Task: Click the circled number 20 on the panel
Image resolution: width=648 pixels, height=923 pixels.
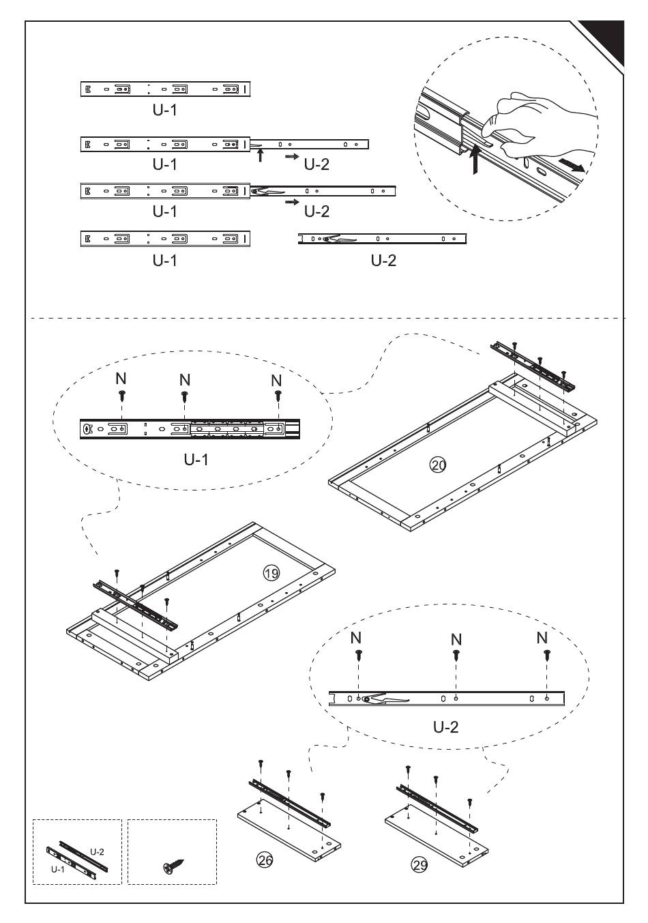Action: (437, 465)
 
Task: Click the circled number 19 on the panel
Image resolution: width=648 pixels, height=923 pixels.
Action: (271, 573)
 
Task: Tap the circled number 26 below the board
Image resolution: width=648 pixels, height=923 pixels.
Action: (265, 860)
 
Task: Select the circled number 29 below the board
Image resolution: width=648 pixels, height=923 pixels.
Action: (419, 865)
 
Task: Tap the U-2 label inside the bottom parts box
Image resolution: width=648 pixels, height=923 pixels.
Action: (97, 852)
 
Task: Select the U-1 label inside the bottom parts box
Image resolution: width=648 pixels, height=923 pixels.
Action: (58, 870)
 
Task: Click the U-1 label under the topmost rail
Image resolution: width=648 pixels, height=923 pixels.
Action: (164, 109)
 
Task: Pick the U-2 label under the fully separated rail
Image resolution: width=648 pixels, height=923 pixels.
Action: (383, 260)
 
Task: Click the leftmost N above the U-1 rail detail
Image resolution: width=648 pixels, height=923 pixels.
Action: (121, 379)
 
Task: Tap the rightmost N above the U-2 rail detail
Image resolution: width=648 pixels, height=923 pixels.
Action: (542, 638)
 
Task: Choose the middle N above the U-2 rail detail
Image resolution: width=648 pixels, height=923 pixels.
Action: (456, 639)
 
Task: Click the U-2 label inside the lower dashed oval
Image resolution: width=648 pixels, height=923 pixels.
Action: (446, 727)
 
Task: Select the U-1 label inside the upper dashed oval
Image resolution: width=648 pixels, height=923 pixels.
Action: (196, 459)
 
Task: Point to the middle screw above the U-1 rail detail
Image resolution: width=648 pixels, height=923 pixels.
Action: (184, 396)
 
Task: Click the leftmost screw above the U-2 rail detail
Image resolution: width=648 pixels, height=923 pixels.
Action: (359, 656)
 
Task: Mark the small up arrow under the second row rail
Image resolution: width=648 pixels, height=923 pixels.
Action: (260, 156)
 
